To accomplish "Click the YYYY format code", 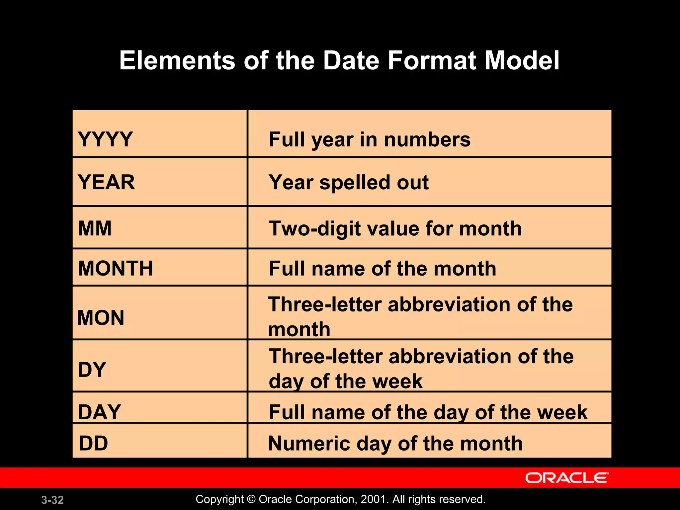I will [105, 139].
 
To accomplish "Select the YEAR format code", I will [106, 182].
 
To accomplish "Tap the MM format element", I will [95, 228].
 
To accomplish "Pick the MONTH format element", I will [115, 268].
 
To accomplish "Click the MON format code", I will [101, 318].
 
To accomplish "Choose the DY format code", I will [92, 370].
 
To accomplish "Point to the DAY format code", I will [99, 412].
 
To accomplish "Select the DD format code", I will [94, 443].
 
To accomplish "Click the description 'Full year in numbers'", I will [370, 139].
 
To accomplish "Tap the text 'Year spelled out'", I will [349, 182].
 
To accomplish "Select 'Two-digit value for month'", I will [395, 229].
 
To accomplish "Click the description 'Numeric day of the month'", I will [395, 444].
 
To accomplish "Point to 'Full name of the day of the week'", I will [428, 412].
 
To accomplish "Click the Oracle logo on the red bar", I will [567, 478].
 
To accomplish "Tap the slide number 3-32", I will [52, 500].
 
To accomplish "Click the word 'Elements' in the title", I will [177, 60].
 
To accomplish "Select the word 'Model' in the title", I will [522, 60].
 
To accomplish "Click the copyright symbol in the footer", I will [251, 499].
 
